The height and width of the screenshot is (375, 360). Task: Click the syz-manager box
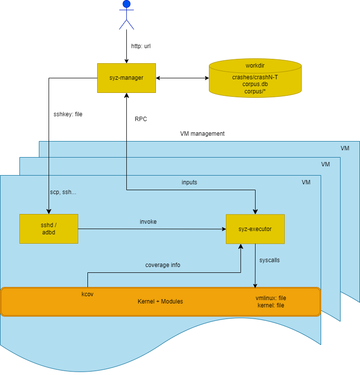pos(126,78)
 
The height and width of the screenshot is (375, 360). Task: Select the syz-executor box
pos(255,229)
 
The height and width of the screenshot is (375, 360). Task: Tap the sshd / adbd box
pos(49,229)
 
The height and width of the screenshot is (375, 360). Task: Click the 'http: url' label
pos(141,47)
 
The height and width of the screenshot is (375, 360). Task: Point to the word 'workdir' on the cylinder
pos(255,66)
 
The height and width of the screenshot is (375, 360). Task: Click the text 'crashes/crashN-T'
pos(255,77)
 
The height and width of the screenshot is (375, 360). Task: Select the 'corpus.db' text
pos(255,84)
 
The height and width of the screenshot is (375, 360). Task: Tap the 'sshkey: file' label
pos(68,115)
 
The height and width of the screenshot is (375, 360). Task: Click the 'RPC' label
pos(141,119)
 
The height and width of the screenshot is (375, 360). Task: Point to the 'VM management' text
pos(202,134)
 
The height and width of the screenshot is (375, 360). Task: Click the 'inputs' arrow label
pos(189,182)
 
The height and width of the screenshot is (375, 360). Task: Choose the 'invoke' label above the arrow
pos(148,222)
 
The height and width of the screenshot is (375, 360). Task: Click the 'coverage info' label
pos(163,265)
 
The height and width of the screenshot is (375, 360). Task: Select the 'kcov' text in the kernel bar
pos(87,294)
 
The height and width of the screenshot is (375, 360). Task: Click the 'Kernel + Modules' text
pos(160,302)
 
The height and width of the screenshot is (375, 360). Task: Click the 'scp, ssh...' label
pos(63,192)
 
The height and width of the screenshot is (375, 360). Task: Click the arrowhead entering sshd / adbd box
pos(49,212)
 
